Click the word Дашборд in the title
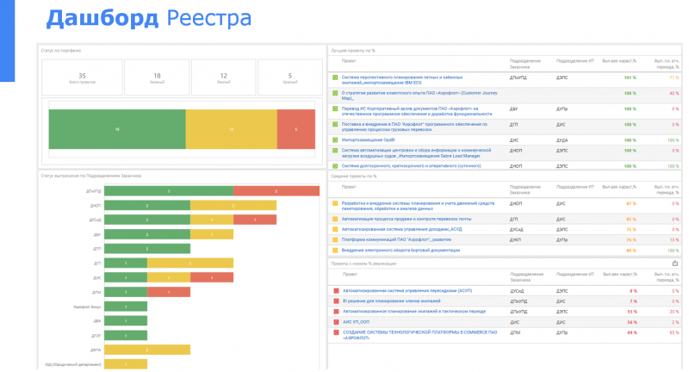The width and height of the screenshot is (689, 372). [x=101, y=17]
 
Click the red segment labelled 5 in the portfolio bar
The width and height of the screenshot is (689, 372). [x=296, y=129]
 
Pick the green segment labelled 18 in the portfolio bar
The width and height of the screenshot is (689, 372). [x=117, y=129]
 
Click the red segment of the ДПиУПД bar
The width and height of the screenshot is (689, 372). [x=276, y=190]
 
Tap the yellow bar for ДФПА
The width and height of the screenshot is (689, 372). [x=147, y=350]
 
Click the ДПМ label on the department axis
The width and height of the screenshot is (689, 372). [x=96, y=292]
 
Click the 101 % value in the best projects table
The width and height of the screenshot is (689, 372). [x=630, y=77]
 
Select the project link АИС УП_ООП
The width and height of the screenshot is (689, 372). [x=357, y=320]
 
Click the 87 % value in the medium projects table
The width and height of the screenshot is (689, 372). [x=630, y=204]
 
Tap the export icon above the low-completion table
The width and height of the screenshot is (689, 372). [x=674, y=263]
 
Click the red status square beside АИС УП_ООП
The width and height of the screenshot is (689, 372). [x=336, y=320]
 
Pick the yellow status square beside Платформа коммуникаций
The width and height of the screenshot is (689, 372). [x=336, y=240]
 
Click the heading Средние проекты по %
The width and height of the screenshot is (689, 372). [x=355, y=176]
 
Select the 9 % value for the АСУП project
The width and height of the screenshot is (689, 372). [x=632, y=291]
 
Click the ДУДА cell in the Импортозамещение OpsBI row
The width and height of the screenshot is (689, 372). [x=562, y=139]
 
